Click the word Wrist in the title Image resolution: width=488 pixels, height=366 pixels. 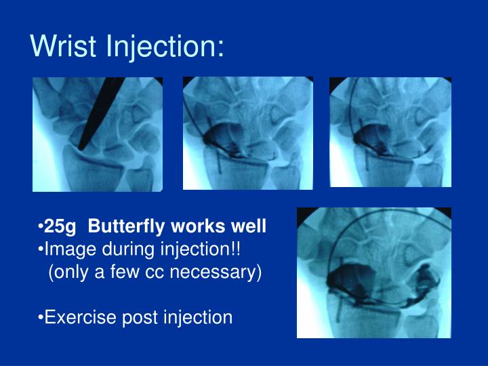point(64,46)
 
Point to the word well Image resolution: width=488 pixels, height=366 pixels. point(249,226)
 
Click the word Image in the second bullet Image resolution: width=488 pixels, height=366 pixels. point(66,249)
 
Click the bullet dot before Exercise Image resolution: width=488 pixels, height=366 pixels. point(41,317)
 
